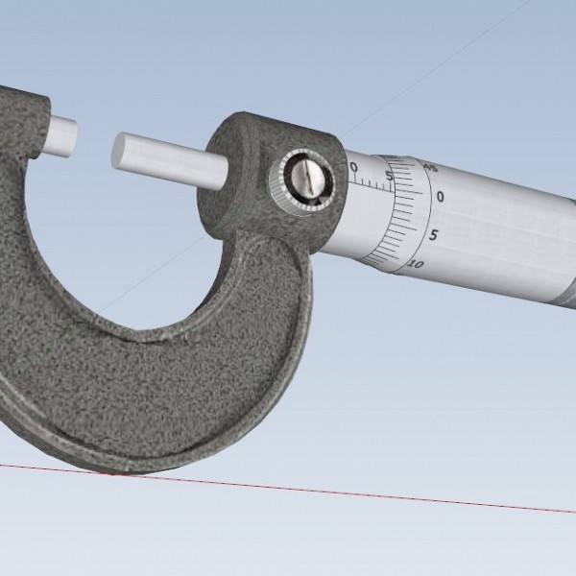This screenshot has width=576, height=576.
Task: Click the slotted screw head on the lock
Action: click(x=306, y=179)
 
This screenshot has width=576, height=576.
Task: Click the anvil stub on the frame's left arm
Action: click(x=60, y=135)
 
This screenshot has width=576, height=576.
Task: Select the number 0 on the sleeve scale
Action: click(x=354, y=169)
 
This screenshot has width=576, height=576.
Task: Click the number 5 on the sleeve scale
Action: click(x=387, y=175)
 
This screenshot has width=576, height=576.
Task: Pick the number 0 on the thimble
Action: click(x=440, y=197)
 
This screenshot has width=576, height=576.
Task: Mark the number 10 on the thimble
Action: click(x=416, y=262)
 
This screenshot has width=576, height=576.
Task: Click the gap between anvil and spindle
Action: click(x=94, y=142)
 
